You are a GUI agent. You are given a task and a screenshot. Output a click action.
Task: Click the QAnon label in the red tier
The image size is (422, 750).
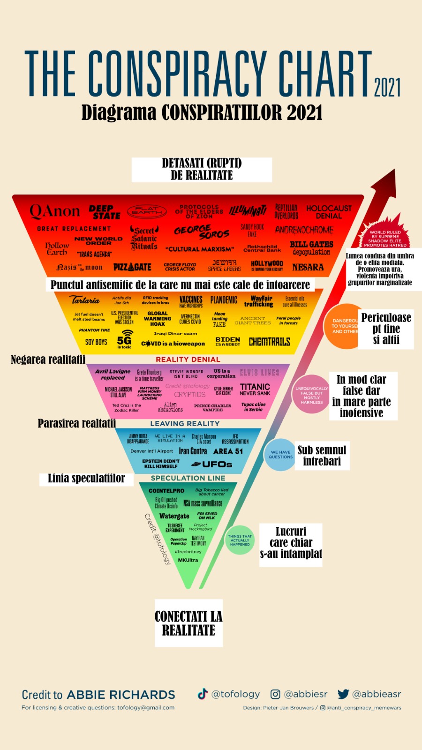coord(55,211)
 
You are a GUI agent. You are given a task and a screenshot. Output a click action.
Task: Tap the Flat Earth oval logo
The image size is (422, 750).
coord(147,212)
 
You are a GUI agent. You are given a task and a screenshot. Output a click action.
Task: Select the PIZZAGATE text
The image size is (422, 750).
coord(132,267)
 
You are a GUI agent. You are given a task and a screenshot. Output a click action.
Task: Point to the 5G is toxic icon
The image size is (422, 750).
coord(124,339)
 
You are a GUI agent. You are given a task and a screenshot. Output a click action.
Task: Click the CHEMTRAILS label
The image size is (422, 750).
coord(269,342)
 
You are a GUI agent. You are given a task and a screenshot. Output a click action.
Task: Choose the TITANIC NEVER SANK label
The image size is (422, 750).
coord(255,390)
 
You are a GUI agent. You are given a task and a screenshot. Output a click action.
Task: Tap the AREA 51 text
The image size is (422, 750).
coord(228,451)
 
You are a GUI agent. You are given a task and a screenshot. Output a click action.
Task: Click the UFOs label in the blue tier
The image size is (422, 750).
coord(212,464)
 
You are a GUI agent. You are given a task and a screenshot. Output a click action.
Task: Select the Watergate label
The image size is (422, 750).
coord(174,516)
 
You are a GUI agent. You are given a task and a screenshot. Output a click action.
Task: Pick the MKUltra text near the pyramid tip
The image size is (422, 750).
coord(188,560)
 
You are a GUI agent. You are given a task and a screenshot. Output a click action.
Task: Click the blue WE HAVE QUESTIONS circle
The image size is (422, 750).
coord(280,455)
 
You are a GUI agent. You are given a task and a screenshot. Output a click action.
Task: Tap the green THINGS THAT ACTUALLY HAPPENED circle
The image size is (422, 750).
coord(240,540)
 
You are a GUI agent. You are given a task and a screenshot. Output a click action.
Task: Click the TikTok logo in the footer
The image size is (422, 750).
coord(203,694)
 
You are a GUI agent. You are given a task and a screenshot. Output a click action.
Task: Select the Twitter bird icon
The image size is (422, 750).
coord(344,694)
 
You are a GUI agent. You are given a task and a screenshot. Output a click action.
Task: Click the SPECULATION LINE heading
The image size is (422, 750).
coord(188,478)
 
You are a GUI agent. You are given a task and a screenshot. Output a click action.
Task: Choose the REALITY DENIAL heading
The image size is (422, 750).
coord(188,360)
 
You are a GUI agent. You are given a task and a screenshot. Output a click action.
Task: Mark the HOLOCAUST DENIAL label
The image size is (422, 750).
coord(329,212)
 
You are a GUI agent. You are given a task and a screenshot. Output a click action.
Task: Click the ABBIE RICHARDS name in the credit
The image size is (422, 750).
coord(121,695)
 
